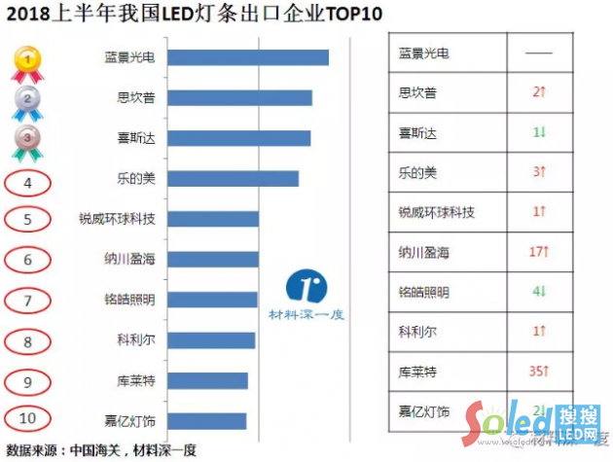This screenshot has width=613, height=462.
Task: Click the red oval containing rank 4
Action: [29, 180]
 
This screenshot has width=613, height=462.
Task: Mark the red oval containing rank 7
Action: [29, 300]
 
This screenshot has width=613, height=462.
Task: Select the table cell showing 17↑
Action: [538, 252]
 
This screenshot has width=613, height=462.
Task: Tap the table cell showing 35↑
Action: [538, 372]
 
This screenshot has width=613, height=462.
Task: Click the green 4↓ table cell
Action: [538, 292]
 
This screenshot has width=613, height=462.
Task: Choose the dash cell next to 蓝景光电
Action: [538, 53]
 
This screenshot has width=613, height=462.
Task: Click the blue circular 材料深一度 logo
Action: [307, 287]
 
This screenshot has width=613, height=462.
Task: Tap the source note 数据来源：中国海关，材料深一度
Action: [101, 449]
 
